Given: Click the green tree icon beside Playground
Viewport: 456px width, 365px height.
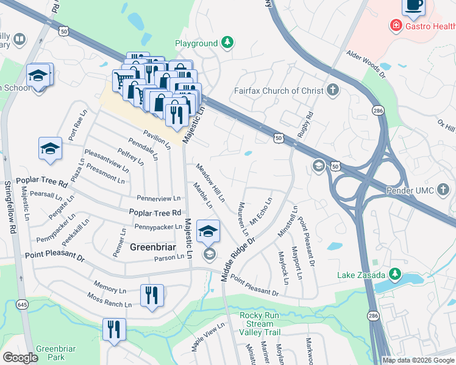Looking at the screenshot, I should [x=227, y=42].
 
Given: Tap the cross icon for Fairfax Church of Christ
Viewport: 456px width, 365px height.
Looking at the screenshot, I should [x=332, y=91].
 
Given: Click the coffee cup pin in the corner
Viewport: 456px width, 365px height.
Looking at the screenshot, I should [x=413, y=5].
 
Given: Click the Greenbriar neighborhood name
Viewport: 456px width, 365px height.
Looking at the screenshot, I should [x=153, y=247].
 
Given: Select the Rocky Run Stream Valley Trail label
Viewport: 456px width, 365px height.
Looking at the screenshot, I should [x=260, y=324].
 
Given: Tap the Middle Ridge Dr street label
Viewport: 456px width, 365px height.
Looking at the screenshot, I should [x=237, y=258].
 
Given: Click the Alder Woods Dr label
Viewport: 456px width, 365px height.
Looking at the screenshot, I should [x=366, y=64].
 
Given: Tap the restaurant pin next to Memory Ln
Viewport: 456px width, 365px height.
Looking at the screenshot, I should [x=152, y=295].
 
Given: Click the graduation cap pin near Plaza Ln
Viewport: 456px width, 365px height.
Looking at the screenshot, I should [x=50, y=148].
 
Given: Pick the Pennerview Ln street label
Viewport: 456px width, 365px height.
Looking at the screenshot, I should [x=159, y=198].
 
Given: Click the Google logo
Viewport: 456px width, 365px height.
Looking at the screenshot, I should [x=20, y=358].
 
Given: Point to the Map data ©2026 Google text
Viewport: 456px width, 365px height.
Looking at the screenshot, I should [x=418, y=360].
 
